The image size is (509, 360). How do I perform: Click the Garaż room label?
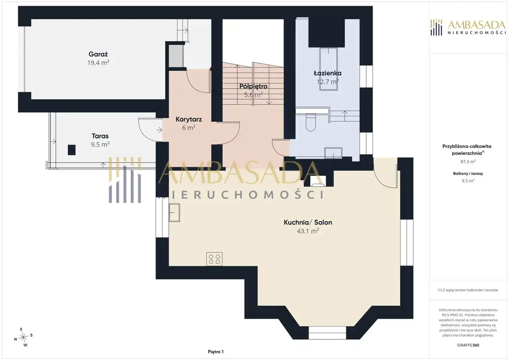pyautogui.click(x=98, y=54)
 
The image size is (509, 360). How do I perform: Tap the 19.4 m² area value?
pyautogui.click(x=98, y=62)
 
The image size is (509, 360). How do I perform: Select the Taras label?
pyautogui.click(x=100, y=136)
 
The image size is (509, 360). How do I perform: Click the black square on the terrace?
pyautogui.click(x=72, y=150)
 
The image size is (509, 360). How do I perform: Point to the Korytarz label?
pyautogui.click(x=188, y=119)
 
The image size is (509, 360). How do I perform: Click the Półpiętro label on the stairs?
pyautogui.click(x=253, y=86)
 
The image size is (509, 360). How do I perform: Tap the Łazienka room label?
pyautogui.click(x=327, y=73)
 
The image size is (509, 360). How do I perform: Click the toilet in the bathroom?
pyautogui.click(x=311, y=122)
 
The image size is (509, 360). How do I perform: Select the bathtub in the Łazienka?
pyautogui.click(x=328, y=69)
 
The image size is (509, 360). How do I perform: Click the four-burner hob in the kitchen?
pyautogui.click(x=214, y=259)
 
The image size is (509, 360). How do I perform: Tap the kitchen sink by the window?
pyautogui.click(x=174, y=212)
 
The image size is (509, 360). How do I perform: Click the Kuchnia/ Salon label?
pyautogui.click(x=308, y=222)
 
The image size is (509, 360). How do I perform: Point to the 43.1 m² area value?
pyautogui.click(x=308, y=231)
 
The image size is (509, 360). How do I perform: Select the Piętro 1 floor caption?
pyautogui.click(x=216, y=352)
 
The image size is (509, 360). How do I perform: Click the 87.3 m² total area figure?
pyautogui.click(x=468, y=162)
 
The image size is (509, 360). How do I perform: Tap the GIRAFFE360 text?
pyautogui.click(x=468, y=345)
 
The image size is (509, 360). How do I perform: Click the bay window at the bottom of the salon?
pyautogui.click(x=327, y=333)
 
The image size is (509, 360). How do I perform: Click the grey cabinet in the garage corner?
pyautogui.click(x=176, y=56)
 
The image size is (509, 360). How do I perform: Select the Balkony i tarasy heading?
pyautogui.click(x=468, y=174)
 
